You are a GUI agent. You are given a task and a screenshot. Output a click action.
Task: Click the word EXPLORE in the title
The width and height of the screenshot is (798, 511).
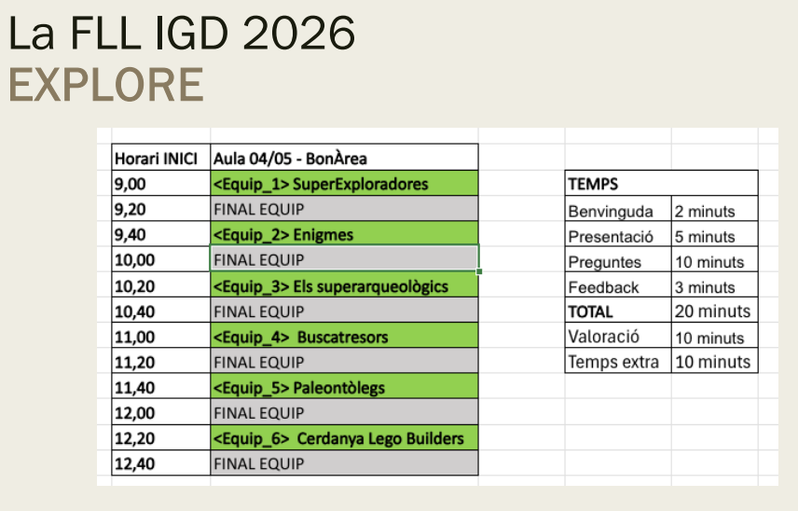coord(106,86)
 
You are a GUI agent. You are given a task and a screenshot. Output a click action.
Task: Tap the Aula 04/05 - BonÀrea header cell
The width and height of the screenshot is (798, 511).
coord(291,159)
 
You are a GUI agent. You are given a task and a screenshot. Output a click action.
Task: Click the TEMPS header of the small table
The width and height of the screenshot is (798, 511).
coord(593,185)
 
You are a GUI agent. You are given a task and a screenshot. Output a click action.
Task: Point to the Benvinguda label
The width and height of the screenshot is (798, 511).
coord(611,212)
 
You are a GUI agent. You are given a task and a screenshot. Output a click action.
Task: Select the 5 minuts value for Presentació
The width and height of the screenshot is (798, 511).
coord(705,237)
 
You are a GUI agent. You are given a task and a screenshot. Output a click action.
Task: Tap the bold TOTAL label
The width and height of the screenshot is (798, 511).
coord(591,311)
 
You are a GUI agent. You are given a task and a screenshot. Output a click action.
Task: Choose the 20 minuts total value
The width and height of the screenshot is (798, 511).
coord(712,311)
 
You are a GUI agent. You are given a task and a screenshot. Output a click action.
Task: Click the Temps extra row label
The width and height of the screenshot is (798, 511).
coord(613,362)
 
